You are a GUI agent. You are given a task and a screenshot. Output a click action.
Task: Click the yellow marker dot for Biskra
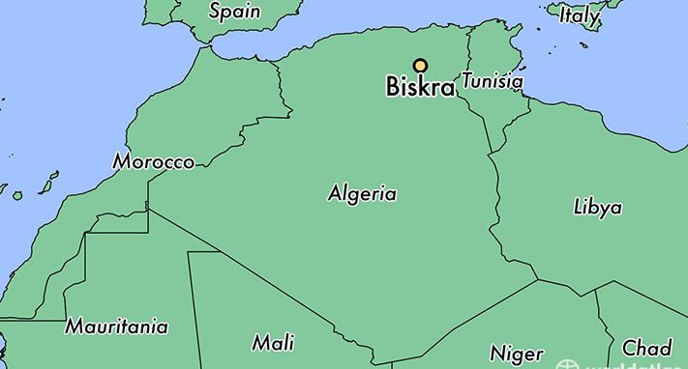[x=420, y=66]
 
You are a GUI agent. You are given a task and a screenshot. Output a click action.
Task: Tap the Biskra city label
[x=420, y=87]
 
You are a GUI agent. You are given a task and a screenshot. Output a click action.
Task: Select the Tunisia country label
[x=492, y=82]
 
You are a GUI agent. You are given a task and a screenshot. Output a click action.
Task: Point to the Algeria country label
[x=362, y=194]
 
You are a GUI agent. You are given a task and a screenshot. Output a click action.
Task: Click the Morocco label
[x=154, y=162]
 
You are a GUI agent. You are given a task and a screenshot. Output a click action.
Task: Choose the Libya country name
[x=597, y=207]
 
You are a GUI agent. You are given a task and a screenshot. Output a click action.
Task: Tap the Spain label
[x=234, y=13]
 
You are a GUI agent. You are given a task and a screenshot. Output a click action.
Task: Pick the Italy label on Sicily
[x=579, y=15]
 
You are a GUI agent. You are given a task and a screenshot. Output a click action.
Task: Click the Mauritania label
[x=116, y=327]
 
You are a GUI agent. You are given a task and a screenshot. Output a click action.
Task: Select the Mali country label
[x=273, y=343]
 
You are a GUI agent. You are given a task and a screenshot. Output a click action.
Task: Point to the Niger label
[x=516, y=353]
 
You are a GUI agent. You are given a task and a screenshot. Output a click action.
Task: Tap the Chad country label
[x=646, y=348]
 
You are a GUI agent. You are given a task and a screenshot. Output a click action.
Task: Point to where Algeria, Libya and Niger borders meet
[x=538, y=281]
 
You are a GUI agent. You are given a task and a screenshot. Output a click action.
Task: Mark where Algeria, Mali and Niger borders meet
[x=392, y=363]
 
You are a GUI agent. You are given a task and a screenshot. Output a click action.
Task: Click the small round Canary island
[x=17, y=195]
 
